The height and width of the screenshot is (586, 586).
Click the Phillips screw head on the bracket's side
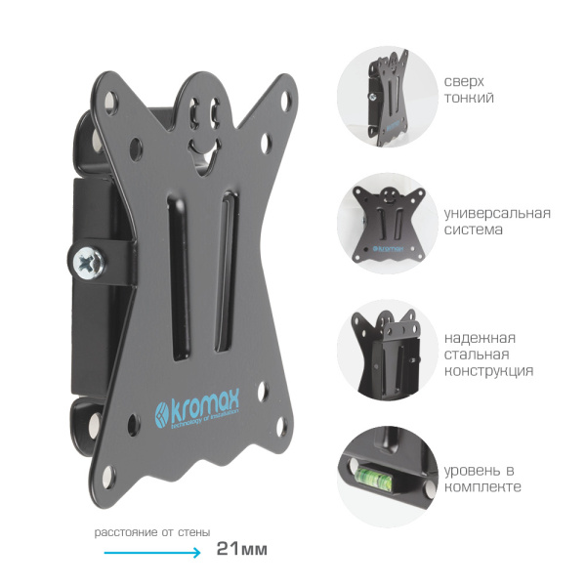point(88,260)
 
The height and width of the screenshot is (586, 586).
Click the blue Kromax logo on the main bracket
point(197,412)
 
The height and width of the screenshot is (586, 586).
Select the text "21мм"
point(242,549)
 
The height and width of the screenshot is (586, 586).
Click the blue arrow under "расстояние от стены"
point(152,552)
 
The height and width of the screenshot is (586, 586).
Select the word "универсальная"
point(497,213)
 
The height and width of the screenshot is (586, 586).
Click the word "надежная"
point(480,338)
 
